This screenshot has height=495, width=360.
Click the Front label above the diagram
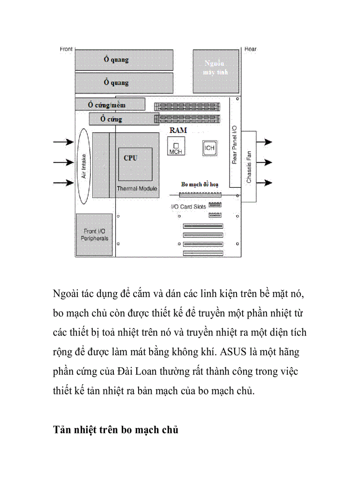pyautogui.click(x=66, y=49)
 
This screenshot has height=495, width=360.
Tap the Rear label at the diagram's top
pyautogui.click(x=250, y=49)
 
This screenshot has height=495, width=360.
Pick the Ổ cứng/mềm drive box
pyautogui.click(x=110, y=104)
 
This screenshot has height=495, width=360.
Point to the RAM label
pyautogui.click(x=178, y=130)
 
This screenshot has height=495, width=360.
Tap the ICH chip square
pyautogui.click(x=209, y=148)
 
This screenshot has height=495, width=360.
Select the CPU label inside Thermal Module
pyautogui.click(x=130, y=158)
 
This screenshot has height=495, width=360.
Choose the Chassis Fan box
pyautogui.click(x=248, y=166)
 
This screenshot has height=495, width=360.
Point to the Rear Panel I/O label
pyautogui.click(x=234, y=144)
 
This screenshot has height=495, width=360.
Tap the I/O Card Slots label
pyautogui.click(x=188, y=206)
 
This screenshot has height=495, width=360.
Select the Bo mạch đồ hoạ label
pyautogui.click(x=200, y=184)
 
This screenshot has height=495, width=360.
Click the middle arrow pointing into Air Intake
pyautogui.click(x=63, y=162)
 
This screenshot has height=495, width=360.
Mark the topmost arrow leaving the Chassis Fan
pyautogui.click(x=264, y=142)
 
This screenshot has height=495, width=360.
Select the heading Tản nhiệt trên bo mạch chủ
pyautogui.click(x=116, y=430)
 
